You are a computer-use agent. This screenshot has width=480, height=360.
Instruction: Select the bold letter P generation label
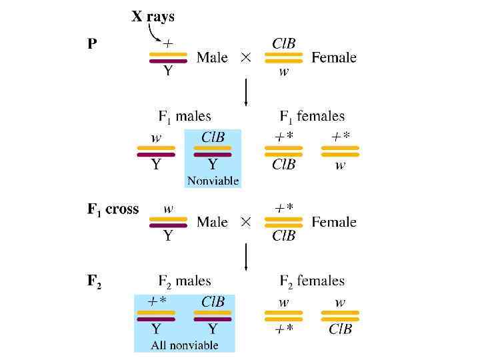[93, 45]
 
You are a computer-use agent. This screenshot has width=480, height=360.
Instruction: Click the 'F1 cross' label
[113, 209]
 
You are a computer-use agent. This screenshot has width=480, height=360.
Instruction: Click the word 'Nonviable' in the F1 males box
[213, 181]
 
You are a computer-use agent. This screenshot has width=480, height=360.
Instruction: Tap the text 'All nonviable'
[185, 345]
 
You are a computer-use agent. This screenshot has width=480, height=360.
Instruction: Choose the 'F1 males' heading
[185, 117]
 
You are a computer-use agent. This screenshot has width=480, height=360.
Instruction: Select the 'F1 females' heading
[312, 117]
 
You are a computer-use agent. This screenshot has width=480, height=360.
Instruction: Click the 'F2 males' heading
[185, 281]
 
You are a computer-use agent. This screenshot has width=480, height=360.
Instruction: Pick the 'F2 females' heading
[312, 281]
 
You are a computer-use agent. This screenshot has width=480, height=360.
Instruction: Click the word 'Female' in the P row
[334, 57]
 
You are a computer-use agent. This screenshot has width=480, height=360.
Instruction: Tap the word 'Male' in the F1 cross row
[212, 222]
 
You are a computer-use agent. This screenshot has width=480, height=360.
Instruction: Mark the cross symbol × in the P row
[246, 57]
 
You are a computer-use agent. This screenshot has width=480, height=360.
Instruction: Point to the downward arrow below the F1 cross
[247, 257]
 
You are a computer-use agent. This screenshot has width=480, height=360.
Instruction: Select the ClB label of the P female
[283, 43]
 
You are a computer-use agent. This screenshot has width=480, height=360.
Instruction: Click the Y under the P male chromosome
[168, 71]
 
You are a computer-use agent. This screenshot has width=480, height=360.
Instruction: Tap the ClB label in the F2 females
[340, 329]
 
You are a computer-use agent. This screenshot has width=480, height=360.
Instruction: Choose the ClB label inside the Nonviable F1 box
[213, 137]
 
